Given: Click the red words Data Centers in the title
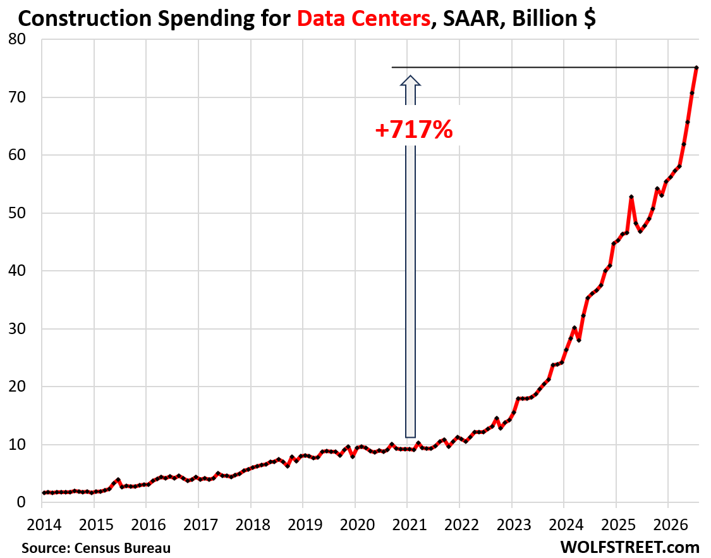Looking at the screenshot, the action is pyautogui.click(x=363, y=18).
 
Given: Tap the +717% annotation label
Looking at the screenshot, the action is pyautogui.click(x=414, y=130).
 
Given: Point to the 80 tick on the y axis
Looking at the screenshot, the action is pyautogui.click(x=17, y=39).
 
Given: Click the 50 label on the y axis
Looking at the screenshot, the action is pyautogui.click(x=17, y=213).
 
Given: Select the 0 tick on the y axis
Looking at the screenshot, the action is pyautogui.click(x=21, y=502).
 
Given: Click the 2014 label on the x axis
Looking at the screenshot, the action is pyautogui.click(x=44, y=525).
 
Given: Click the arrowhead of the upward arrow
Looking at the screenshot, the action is pyautogui.click(x=410, y=80).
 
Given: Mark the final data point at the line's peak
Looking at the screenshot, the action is pyautogui.click(x=696, y=68).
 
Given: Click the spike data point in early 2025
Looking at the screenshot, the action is pyautogui.click(x=631, y=197).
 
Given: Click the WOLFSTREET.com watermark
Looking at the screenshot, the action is pyautogui.click(x=630, y=547).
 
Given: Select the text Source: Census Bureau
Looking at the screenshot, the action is pyautogui.click(x=96, y=547).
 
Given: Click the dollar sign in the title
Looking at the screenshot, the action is pyautogui.click(x=590, y=19).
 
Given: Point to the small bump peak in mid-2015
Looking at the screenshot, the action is pyautogui.click(x=118, y=480).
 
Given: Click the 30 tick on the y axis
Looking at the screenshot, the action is pyautogui.click(x=17, y=329).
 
